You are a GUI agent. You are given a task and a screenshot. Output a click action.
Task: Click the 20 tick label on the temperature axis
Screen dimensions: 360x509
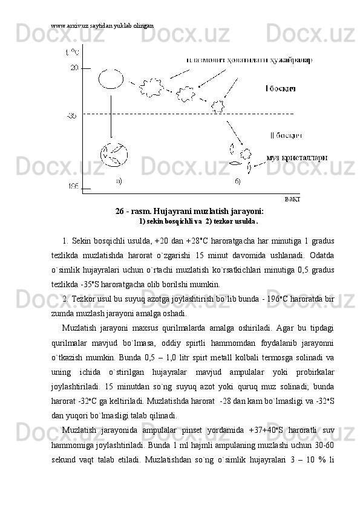pyautogui.click(x=74, y=68)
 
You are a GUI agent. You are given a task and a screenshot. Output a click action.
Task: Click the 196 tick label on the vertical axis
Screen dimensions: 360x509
pyautogui.click(x=73, y=187)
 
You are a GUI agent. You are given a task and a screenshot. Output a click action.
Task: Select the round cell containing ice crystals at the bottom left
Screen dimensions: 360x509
pyautogui.click(x=114, y=157)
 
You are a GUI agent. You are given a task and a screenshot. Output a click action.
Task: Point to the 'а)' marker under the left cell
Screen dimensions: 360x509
pyautogui.click(x=119, y=180)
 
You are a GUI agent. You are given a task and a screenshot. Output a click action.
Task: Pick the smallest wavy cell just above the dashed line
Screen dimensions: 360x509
pyautogui.click(x=217, y=106)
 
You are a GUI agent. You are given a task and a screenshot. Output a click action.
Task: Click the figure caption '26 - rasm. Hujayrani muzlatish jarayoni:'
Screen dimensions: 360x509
pyautogui.click(x=189, y=211)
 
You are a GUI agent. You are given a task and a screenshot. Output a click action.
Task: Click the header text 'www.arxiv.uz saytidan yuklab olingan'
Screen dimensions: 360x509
pyautogui.click(x=102, y=26)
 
